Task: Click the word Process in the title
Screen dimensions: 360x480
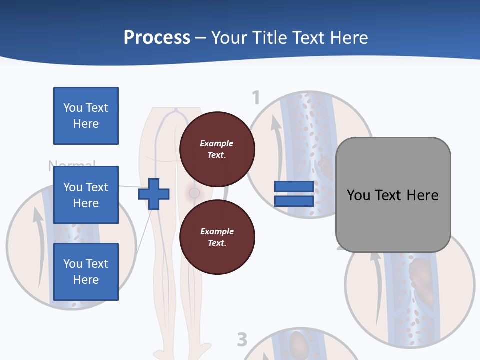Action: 157,38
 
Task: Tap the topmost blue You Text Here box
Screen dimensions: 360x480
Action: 86,116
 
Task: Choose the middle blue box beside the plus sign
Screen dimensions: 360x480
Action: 86,195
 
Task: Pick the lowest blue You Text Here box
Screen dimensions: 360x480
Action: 86,272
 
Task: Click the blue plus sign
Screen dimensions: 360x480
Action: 154,194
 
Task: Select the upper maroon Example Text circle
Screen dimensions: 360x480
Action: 217,149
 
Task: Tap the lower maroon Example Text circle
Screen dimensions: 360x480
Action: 217,237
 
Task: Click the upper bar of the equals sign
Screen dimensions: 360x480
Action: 294,187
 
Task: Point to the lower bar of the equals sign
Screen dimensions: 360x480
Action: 294,201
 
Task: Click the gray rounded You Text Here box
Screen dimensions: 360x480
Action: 393,195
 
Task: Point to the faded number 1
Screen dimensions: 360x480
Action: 256,98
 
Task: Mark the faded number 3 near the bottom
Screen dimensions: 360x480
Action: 242,340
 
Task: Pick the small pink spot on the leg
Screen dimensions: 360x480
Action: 194,192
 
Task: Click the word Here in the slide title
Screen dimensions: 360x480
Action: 348,38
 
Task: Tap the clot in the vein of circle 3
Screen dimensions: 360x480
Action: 298,345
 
